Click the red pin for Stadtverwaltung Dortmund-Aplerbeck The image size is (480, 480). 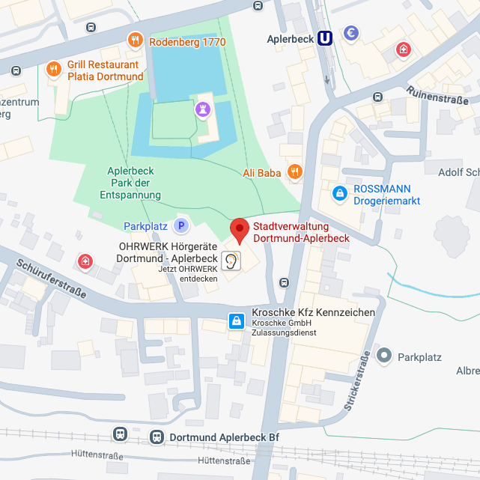[x=239, y=229]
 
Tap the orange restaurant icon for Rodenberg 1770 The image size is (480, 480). [x=135, y=40]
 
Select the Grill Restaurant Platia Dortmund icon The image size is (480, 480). [x=53, y=70]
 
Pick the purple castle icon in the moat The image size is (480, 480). [x=201, y=109]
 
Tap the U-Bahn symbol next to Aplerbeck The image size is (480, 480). [x=325, y=38]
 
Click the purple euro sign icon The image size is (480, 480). [x=350, y=33]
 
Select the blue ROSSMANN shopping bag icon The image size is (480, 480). [x=340, y=193]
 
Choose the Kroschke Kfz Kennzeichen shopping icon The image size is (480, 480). [x=237, y=322]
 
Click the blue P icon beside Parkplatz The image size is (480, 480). [x=180, y=225]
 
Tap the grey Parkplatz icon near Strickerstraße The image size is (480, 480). [x=385, y=356]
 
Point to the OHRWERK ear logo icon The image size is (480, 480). [x=234, y=261]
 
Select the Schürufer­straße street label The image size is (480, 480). [x=49, y=277]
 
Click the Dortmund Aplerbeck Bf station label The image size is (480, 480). [x=225, y=437]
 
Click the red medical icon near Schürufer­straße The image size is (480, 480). [x=86, y=261]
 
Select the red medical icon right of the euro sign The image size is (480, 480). [x=404, y=50]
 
